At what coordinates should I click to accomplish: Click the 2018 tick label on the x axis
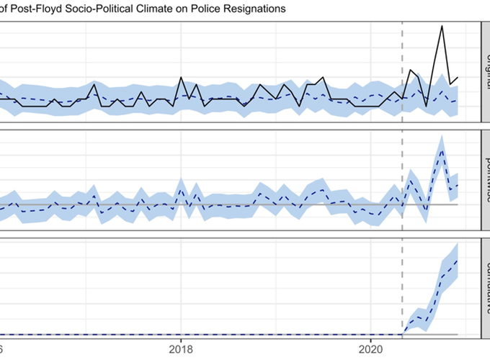[182, 348]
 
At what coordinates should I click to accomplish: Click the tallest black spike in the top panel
[442, 27]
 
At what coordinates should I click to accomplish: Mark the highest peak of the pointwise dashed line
[442, 147]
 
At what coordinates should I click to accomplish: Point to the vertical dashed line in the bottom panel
[402, 288]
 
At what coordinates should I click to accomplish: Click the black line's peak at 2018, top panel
[182, 78]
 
